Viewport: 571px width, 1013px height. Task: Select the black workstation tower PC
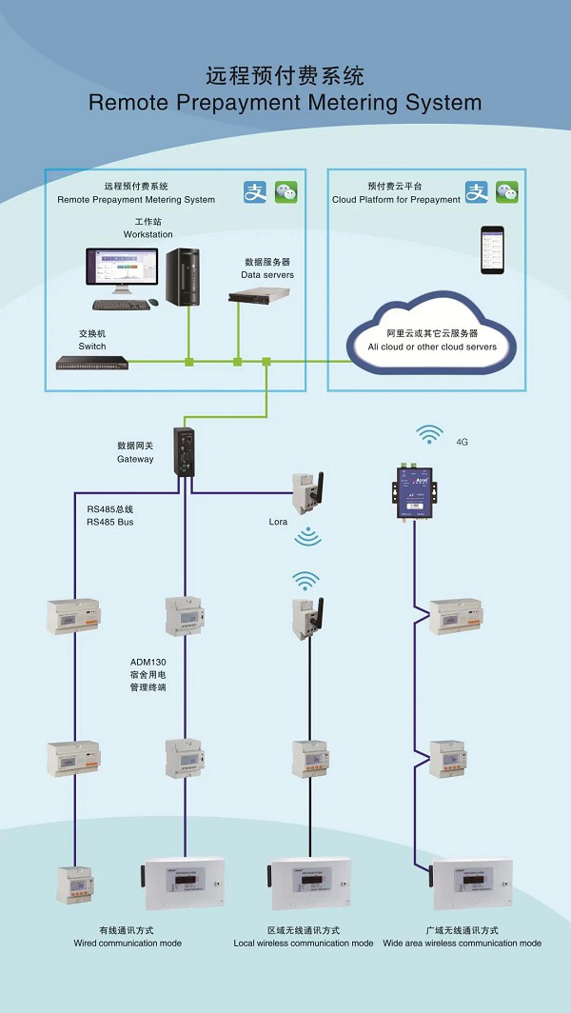(184, 277)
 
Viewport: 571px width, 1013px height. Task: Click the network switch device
(92, 362)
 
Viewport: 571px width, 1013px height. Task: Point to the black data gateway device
(185, 450)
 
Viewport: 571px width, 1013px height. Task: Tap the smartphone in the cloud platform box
(491, 250)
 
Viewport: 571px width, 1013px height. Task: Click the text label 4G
(463, 443)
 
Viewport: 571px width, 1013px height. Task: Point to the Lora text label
(280, 522)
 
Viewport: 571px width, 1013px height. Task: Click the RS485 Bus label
(109, 522)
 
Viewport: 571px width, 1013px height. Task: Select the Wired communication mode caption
(128, 943)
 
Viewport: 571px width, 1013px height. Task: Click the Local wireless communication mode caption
(304, 943)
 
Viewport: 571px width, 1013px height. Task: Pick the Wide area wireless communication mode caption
(463, 943)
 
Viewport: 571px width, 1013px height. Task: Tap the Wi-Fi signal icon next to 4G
(430, 436)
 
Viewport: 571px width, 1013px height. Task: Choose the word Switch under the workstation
(92, 347)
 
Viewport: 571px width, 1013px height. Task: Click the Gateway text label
(135, 459)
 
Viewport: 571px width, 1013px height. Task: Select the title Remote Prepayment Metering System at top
(285, 103)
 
